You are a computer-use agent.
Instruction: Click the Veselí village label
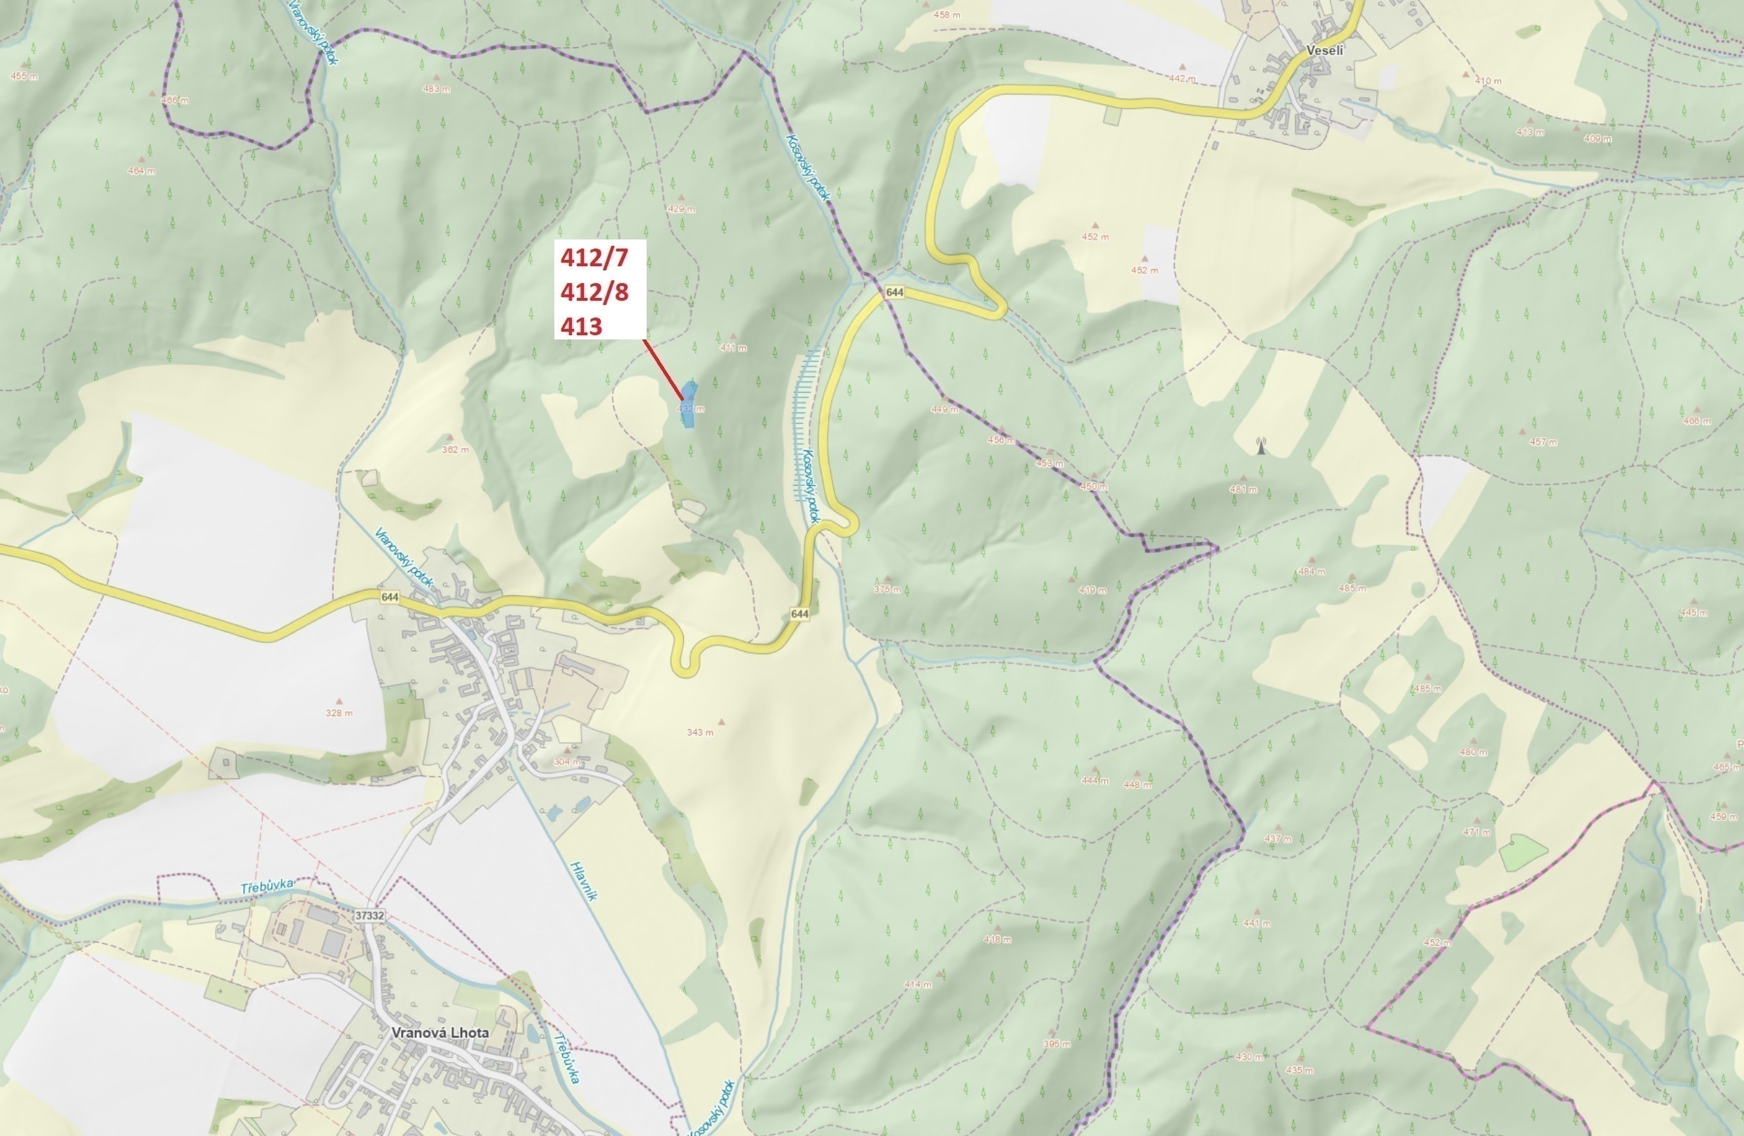(1325, 51)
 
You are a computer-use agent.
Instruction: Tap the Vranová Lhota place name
(440, 1032)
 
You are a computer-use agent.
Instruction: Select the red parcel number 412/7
(594, 258)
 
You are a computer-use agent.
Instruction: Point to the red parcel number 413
(581, 326)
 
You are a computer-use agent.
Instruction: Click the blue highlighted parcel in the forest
(689, 405)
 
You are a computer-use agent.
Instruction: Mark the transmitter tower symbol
(1261, 446)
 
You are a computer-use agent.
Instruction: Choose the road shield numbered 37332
(368, 916)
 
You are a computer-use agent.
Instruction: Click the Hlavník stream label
(584, 880)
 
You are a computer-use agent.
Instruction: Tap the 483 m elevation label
(437, 89)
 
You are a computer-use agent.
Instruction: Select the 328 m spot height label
(340, 713)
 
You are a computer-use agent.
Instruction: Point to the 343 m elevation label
(700, 732)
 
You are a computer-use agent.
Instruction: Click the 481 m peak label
(1242, 489)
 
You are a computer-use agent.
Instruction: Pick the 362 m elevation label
(455, 449)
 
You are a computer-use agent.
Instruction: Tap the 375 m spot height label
(887, 589)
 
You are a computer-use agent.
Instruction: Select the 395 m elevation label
(1057, 1044)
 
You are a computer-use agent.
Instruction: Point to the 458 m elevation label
(947, 15)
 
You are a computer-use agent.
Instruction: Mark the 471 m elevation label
(1476, 832)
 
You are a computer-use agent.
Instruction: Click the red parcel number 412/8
(594, 292)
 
